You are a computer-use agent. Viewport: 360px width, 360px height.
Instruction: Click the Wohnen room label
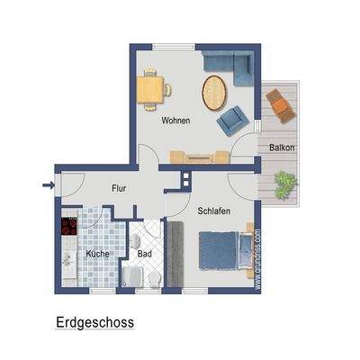[175, 121]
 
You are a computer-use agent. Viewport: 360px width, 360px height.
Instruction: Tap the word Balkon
[282, 147]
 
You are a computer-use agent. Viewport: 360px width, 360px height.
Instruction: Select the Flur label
[118, 189]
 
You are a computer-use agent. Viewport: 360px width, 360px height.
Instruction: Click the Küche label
[97, 254]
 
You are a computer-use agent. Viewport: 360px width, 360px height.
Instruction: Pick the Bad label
[144, 254]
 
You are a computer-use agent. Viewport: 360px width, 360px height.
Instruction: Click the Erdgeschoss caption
[94, 320]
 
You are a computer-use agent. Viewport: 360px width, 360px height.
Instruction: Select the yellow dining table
[153, 88]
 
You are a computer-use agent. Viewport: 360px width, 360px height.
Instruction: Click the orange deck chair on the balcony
[281, 104]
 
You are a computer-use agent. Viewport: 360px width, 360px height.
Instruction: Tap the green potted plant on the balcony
[285, 184]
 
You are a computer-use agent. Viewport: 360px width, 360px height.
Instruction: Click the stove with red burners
[68, 227]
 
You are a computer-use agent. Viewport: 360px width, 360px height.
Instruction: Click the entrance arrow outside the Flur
[47, 187]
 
